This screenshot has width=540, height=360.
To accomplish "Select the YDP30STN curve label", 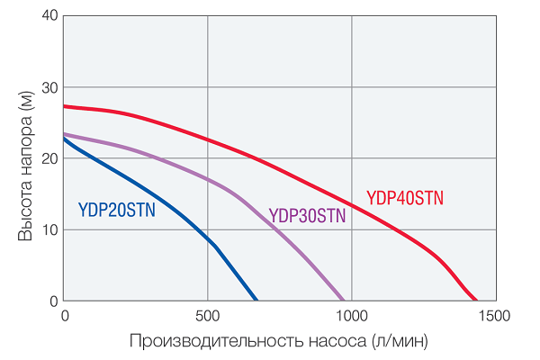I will pyautogui.click(x=308, y=216).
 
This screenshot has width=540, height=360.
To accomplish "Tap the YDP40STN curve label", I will pyautogui.click(x=405, y=198).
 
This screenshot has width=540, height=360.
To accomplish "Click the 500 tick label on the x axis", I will pyautogui.click(x=207, y=316).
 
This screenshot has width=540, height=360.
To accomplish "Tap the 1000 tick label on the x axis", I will pyautogui.click(x=351, y=316).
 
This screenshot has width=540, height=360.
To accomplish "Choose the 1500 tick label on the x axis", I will pyautogui.click(x=494, y=316).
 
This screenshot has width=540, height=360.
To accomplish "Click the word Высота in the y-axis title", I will pyautogui.click(x=25, y=213).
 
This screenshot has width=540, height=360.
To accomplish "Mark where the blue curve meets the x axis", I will pyautogui.click(x=256, y=300).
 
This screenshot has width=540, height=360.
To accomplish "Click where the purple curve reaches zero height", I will pyautogui.click(x=344, y=300).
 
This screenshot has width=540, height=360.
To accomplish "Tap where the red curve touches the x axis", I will pyautogui.click(x=475, y=300).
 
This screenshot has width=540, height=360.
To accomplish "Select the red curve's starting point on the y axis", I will pyautogui.click(x=65, y=106).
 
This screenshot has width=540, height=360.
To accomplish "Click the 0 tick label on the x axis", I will pyautogui.click(x=65, y=316).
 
